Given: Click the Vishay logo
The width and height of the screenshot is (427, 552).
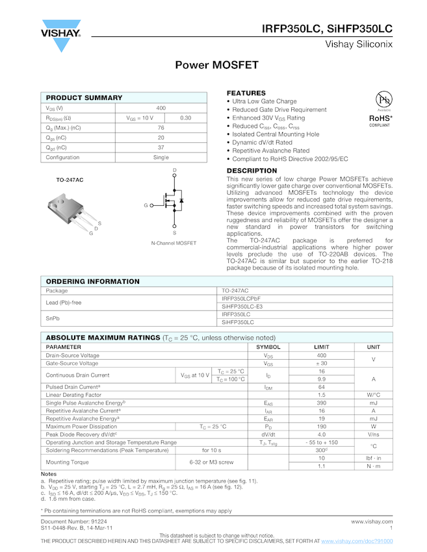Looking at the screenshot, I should [x=61, y=36].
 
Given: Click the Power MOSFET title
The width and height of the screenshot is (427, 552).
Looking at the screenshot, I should [x=216, y=65].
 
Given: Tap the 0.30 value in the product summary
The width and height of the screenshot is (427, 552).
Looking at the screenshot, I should [x=185, y=118].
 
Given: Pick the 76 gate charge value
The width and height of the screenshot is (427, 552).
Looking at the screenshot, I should [x=161, y=128].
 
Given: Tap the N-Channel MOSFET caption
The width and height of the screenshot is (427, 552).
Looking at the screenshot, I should [x=174, y=243].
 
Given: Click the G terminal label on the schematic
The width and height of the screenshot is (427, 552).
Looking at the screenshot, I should [x=146, y=205].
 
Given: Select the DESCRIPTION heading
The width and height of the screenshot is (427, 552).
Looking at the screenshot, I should [x=252, y=171].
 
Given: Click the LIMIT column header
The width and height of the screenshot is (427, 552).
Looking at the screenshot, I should [x=321, y=347].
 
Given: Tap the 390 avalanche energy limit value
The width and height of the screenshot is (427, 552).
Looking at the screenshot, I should [x=321, y=403].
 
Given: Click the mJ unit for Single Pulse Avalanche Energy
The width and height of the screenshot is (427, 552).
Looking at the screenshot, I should [x=373, y=403].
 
